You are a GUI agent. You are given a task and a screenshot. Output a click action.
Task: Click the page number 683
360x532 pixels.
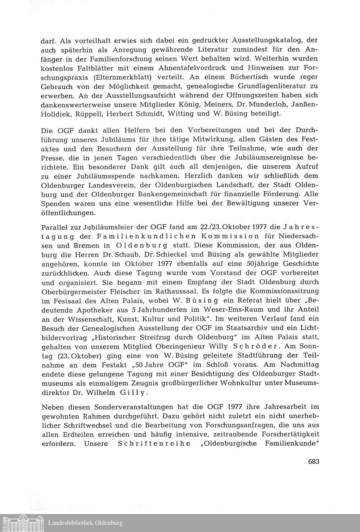point(314,462)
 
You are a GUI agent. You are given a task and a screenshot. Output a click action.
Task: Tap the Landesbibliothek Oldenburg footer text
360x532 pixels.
point(85,523)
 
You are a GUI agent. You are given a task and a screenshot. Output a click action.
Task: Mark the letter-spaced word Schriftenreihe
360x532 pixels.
point(154,443)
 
